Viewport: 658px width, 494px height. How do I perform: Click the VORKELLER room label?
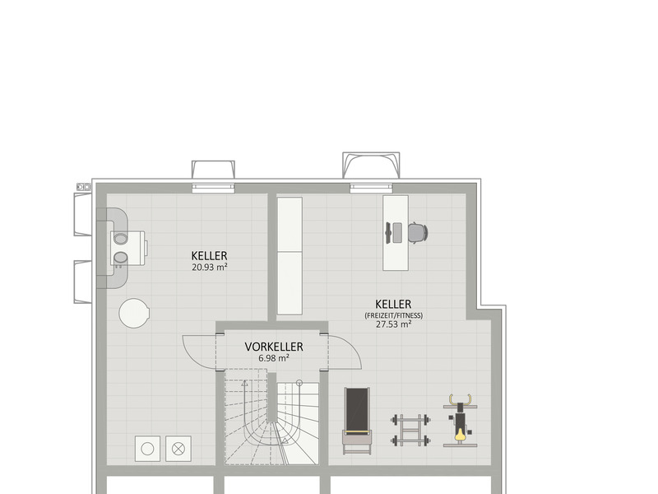(x=274, y=347)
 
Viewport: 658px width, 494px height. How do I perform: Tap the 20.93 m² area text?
(x=210, y=267)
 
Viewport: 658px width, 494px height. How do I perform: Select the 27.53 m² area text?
(x=393, y=324)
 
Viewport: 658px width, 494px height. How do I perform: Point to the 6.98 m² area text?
(x=274, y=358)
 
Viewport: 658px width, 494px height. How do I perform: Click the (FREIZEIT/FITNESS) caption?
(x=394, y=315)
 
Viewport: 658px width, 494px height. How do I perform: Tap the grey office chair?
(x=418, y=232)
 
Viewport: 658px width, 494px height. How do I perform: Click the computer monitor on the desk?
(x=393, y=233)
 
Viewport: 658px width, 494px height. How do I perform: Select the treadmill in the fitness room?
(x=357, y=421)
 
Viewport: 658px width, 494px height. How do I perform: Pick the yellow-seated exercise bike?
(x=461, y=420)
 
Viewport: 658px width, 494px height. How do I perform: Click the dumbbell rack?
(x=410, y=430)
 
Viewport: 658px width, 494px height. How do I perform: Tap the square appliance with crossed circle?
(x=178, y=449)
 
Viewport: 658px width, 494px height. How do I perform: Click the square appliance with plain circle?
(x=147, y=449)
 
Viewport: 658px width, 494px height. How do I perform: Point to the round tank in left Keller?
(x=134, y=313)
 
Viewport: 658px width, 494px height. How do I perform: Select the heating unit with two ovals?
(x=129, y=248)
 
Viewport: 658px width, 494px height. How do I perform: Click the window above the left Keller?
(x=213, y=188)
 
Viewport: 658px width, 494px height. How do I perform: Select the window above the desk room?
(x=372, y=188)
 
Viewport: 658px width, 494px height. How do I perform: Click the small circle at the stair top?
(x=299, y=383)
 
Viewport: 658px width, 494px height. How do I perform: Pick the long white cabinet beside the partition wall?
(x=290, y=256)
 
